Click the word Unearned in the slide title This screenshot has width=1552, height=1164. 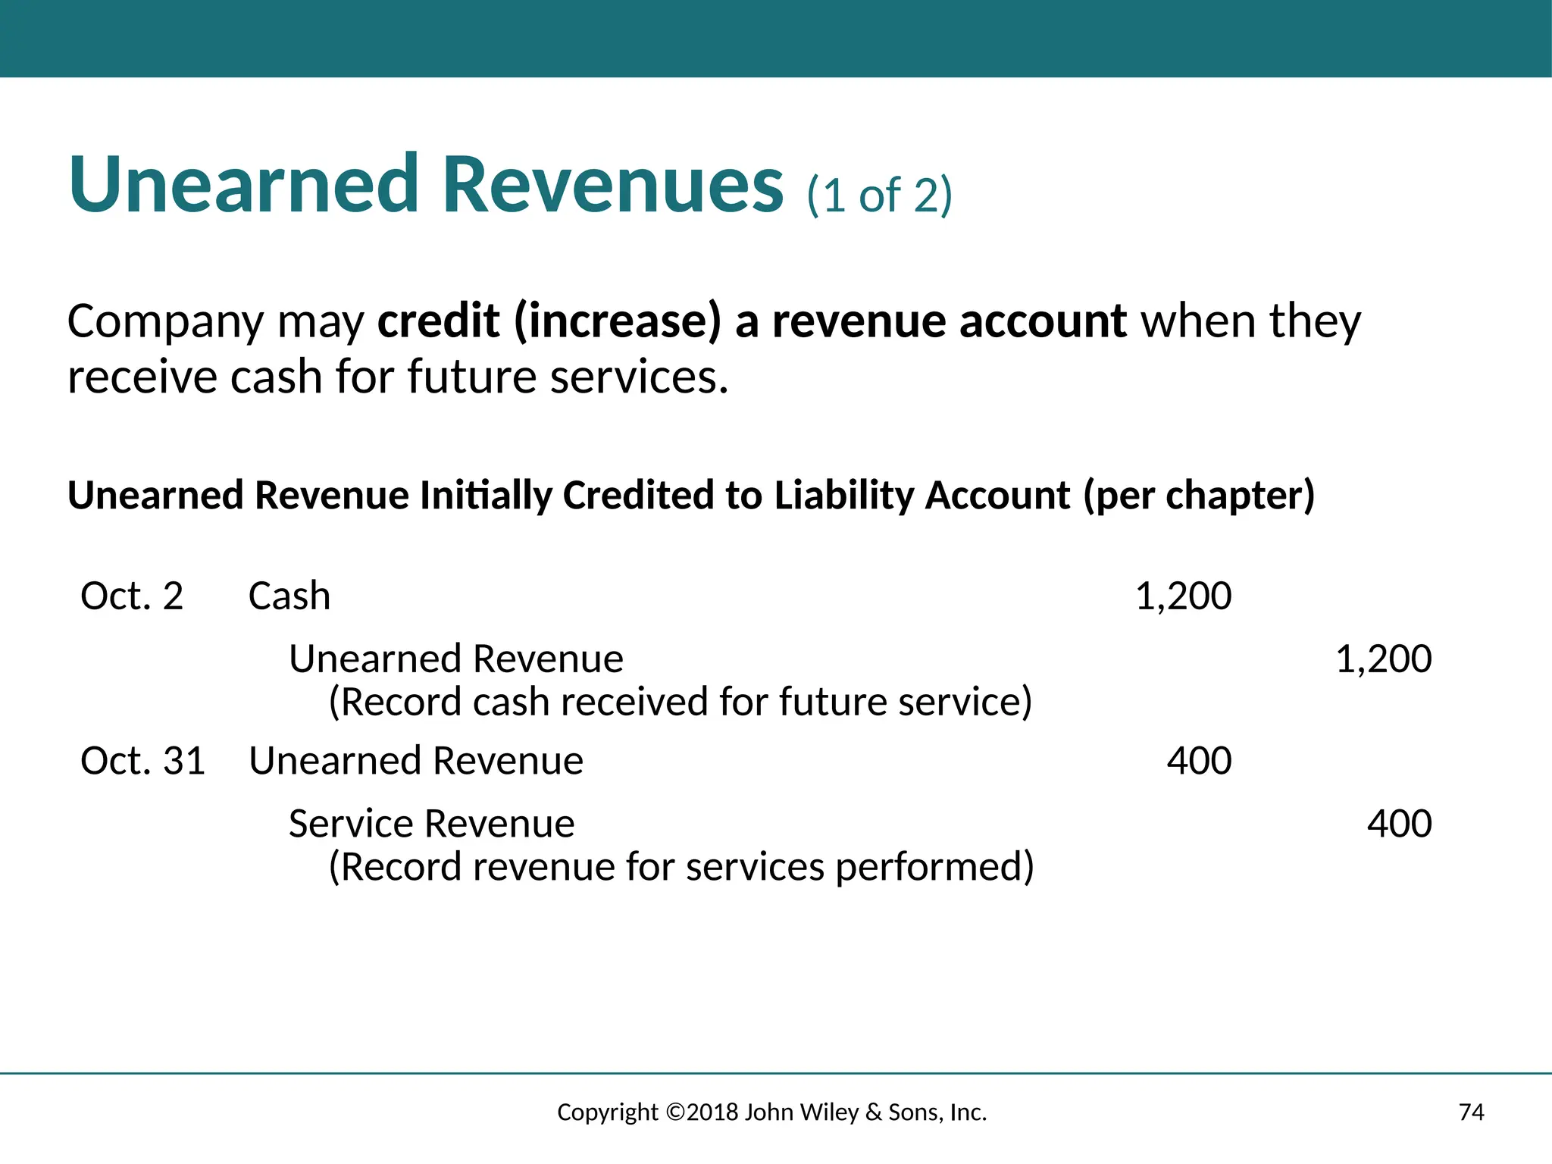242,186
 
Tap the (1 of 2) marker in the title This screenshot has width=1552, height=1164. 879,196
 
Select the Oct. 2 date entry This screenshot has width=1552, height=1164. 132,596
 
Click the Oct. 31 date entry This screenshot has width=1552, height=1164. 142,761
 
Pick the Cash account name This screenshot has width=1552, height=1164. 289,596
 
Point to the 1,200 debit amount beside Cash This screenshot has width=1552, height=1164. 1183,596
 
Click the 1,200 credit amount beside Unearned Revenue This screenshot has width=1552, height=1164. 1383,659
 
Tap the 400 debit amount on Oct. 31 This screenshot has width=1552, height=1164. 1199,761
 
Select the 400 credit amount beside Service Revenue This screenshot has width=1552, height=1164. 1399,824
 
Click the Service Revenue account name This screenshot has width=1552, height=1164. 431,824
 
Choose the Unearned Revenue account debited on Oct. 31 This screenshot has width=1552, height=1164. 416,761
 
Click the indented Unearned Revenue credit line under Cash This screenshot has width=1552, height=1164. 455,659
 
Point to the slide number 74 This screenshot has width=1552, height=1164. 1471,1112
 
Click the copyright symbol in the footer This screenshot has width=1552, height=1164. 675,1112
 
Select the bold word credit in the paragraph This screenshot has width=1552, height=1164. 438,321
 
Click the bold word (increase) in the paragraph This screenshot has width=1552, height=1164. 618,321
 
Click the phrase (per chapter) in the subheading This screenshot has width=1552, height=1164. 1199,496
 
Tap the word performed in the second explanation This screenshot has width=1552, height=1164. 934,867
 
